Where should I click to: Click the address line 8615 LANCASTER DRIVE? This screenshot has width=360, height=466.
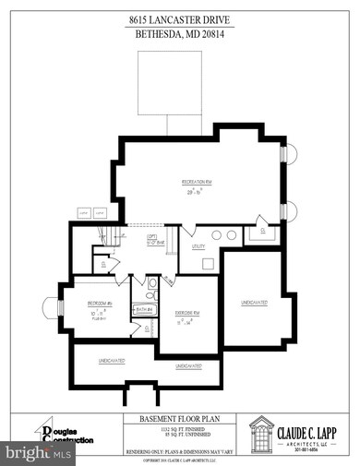(179, 19)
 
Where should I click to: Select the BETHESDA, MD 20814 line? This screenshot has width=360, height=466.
(179, 34)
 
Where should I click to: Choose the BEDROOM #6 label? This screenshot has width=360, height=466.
(101, 303)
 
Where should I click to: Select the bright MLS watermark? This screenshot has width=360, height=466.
(37, 453)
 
